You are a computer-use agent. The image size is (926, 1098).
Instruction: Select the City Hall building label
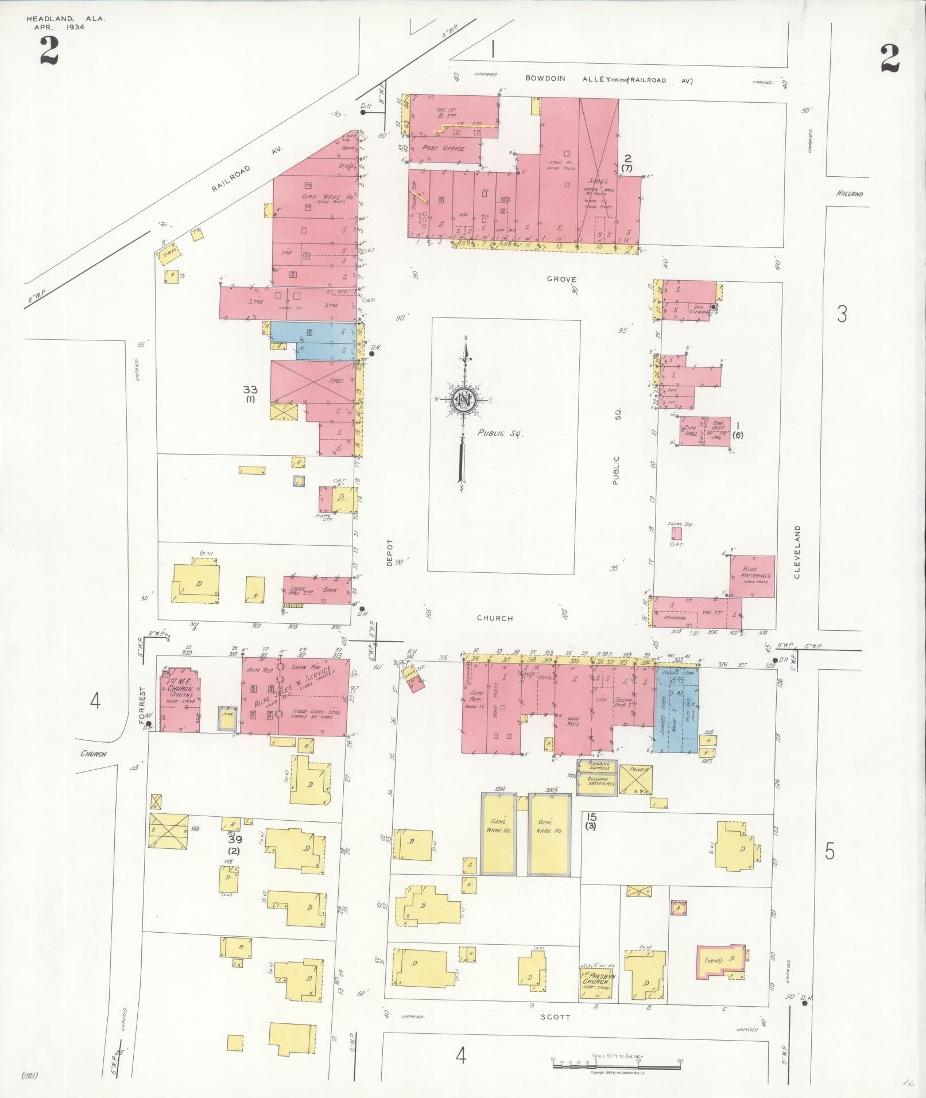(x=691, y=431)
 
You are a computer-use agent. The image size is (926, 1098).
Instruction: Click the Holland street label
(x=850, y=194)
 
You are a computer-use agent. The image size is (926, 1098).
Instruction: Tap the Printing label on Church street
(x=675, y=619)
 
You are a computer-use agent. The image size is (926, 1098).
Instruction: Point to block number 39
(x=234, y=839)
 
